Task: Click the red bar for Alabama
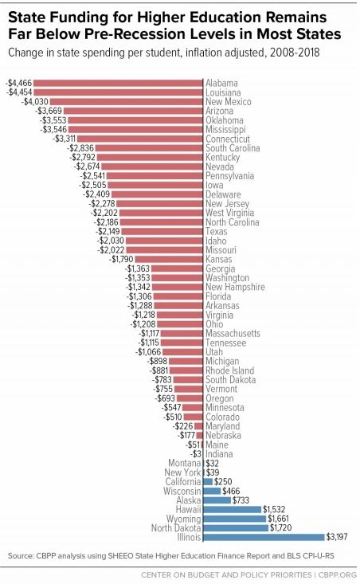(118, 83)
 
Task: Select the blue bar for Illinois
(264, 537)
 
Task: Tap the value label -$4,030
(35, 102)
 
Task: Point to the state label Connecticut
(228, 139)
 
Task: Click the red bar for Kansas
(169, 259)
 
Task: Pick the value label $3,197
(337, 537)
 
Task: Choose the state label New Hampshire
(235, 287)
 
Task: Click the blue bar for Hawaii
(233, 509)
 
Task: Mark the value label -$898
(158, 361)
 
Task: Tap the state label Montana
(184, 463)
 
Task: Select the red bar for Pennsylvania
(155, 176)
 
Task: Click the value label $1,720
(280, 527)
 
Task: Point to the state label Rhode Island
(229, 370)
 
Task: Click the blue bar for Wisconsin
(212, 491)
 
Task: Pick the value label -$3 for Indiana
(196, 454)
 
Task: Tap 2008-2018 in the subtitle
(295, 52)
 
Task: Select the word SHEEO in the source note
(120, 555)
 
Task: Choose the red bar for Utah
(182, 351)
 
